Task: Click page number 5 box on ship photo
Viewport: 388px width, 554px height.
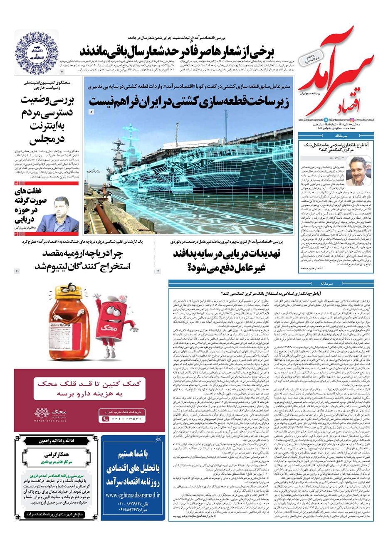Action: [91, 112]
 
